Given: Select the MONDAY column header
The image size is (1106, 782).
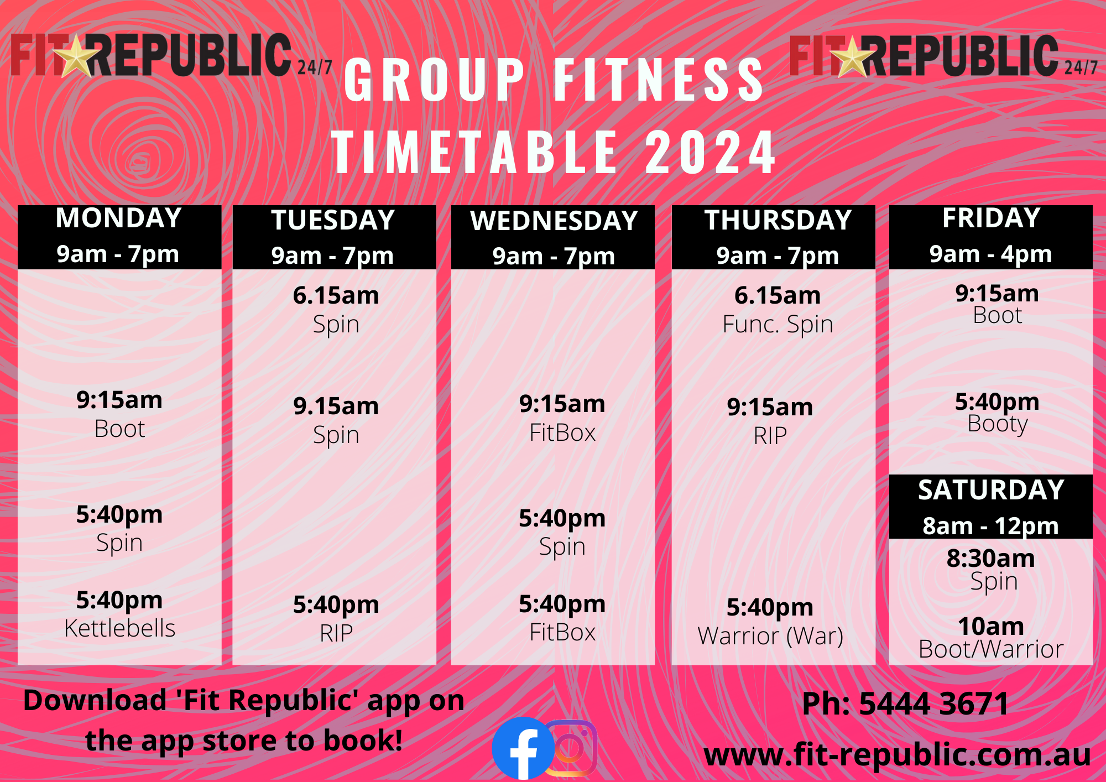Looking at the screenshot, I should tap(119, 218).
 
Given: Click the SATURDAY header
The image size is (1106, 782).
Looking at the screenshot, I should tap(991, 490).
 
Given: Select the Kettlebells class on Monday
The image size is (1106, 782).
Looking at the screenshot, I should tap(119, 628).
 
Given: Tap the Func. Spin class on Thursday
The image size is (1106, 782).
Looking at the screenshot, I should tap(778, 325).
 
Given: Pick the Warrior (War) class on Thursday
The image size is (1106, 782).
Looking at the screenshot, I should tap(770, 636).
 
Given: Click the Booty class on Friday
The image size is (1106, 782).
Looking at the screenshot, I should tap(997, 424).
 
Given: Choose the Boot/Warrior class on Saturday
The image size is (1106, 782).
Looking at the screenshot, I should tap(991, 649).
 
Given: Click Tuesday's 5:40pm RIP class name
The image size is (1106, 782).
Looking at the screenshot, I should tap(336, 633).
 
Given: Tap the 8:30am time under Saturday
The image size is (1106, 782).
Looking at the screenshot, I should tap(991, 559).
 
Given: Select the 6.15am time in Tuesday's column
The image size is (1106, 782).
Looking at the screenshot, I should tap(336, 296).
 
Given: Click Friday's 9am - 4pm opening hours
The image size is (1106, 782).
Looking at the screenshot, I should tap(991, 254).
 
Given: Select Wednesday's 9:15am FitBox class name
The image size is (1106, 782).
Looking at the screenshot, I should tap(562, 433).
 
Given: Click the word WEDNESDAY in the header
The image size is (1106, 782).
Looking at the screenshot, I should tap(554, 221).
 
